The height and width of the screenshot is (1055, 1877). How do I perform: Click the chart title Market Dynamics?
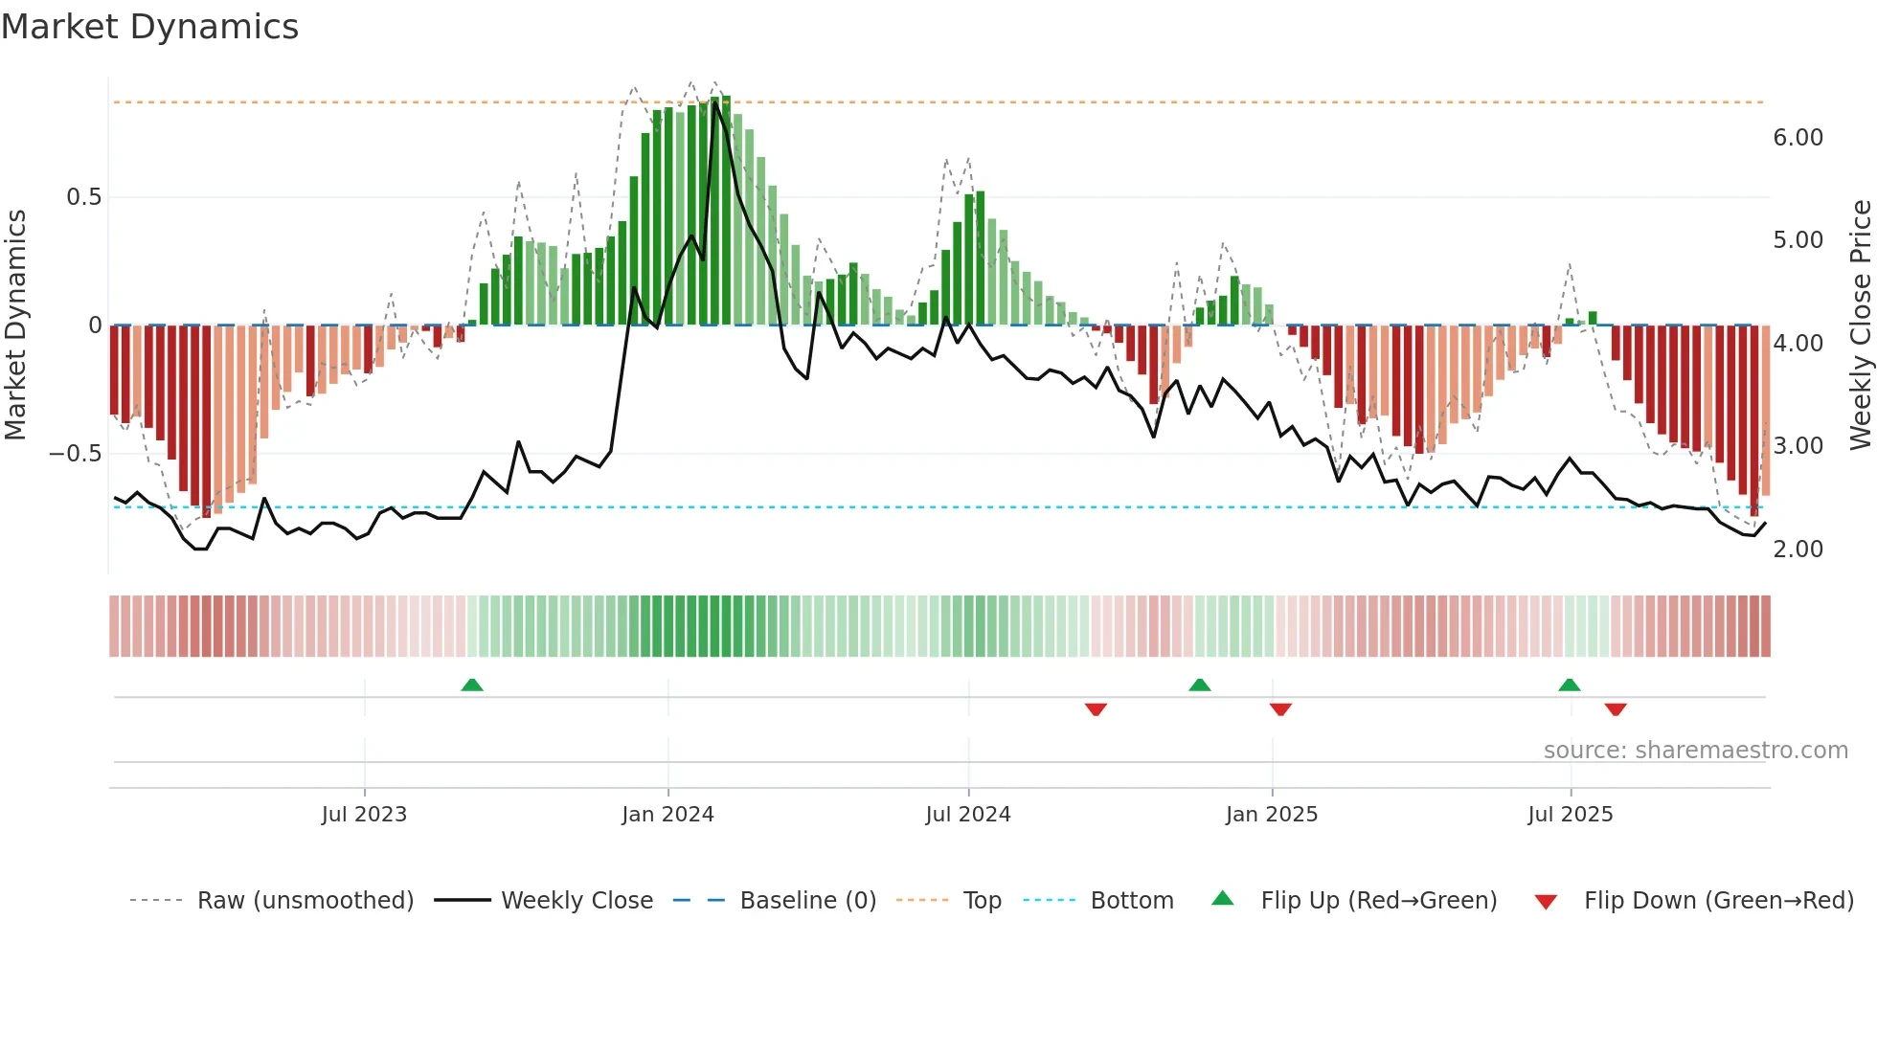[149, 27]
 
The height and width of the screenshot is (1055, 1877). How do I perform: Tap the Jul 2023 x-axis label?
[364, 815]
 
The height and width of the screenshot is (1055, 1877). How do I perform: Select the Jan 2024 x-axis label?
[667, 815]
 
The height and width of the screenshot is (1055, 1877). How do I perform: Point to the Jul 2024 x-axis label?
[968, 815]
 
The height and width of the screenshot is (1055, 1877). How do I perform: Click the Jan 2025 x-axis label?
[1272, 815]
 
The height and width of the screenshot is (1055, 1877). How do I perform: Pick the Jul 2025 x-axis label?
[1571, 815]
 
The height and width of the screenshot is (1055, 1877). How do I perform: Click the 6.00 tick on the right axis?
[1798, 138]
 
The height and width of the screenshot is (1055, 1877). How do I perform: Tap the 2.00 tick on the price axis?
[1798, 550]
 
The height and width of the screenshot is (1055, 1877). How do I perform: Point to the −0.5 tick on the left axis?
[76, 454]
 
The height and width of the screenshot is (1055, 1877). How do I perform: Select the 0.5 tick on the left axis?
[83, 197]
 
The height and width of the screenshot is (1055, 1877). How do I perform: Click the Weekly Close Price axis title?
[1860, 325]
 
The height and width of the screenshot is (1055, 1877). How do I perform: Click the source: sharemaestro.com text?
[1695, 751]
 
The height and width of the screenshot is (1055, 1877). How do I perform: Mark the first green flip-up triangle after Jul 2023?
[472, 685]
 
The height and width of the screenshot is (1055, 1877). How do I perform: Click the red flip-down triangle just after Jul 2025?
[1616, 709]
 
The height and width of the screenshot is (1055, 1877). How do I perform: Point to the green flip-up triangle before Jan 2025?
[1200, 685]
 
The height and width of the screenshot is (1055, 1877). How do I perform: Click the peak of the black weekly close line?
[714, 103]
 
